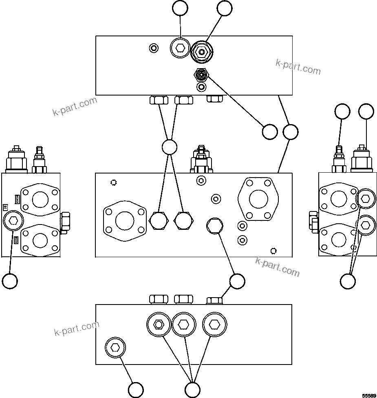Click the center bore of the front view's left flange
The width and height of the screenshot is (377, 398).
(124, 221)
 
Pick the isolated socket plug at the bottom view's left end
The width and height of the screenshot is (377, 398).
(115, 348)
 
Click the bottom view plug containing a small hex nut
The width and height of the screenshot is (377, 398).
(158, 325)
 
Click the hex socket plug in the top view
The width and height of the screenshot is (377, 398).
(180, 49)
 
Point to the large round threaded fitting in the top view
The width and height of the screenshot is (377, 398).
(202, 52)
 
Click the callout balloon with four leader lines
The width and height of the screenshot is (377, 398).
(169, 147)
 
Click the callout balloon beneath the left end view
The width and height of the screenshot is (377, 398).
(10, 281)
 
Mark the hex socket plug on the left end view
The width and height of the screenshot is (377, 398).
(13, 221)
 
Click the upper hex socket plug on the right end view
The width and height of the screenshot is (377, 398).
(365, 199)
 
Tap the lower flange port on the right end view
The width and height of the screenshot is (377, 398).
(338, 240)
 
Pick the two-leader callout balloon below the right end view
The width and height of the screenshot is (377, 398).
(348, 281)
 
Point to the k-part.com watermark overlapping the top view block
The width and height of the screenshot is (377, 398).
(298, 67)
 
